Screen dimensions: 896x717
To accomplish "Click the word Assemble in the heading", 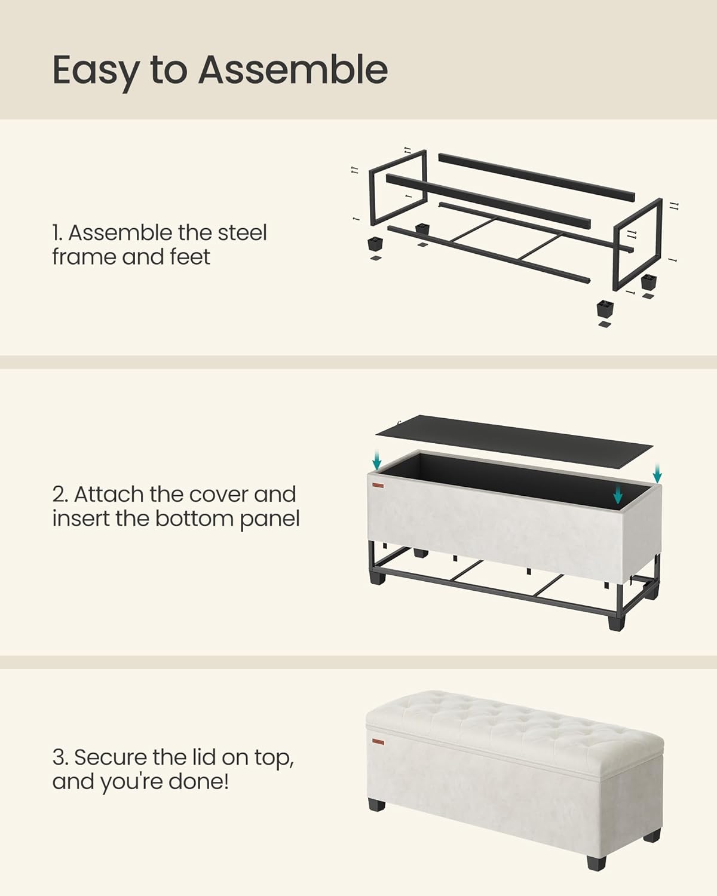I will click(293, 70).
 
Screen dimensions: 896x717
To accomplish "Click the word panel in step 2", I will click(270, 519).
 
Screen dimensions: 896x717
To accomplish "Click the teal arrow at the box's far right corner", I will click(657, 474).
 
